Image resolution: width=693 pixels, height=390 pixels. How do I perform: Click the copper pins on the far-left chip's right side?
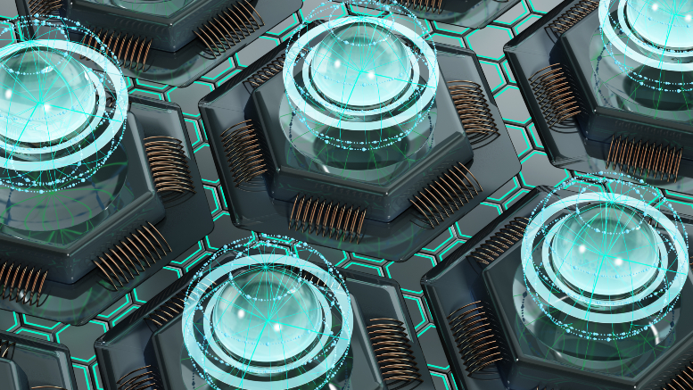[169, 165]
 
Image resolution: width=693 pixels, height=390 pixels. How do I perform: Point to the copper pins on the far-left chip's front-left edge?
[21, 281]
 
